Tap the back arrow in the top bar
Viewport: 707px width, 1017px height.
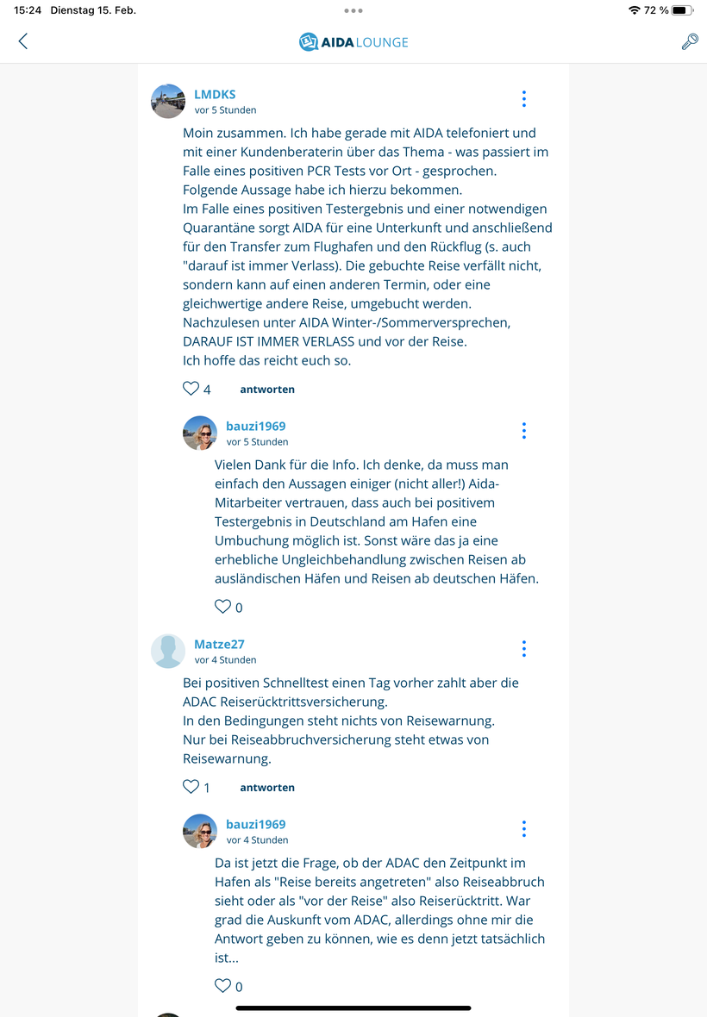(23, 41)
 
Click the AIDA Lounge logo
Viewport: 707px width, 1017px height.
(353, 41)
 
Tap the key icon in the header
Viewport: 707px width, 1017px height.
(690, 41)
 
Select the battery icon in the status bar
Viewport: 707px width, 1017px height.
(682, 10)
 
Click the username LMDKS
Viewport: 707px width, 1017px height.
(215, 95)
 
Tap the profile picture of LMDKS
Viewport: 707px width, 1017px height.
(168, 101)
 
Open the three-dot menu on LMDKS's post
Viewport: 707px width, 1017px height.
(523, 99)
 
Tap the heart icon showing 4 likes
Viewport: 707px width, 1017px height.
(191, 389)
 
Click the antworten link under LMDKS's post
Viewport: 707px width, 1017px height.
(267, 390)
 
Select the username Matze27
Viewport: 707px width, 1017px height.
(219, 645)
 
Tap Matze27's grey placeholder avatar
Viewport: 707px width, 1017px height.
(168, 651)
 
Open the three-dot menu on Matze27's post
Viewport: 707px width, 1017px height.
(523, 649)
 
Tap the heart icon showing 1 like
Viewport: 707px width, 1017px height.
(191, 787)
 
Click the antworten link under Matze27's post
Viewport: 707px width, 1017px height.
(267, 788)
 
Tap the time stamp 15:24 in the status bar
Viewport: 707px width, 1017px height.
(28, 10)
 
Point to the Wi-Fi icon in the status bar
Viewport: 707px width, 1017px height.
(635, 10)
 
